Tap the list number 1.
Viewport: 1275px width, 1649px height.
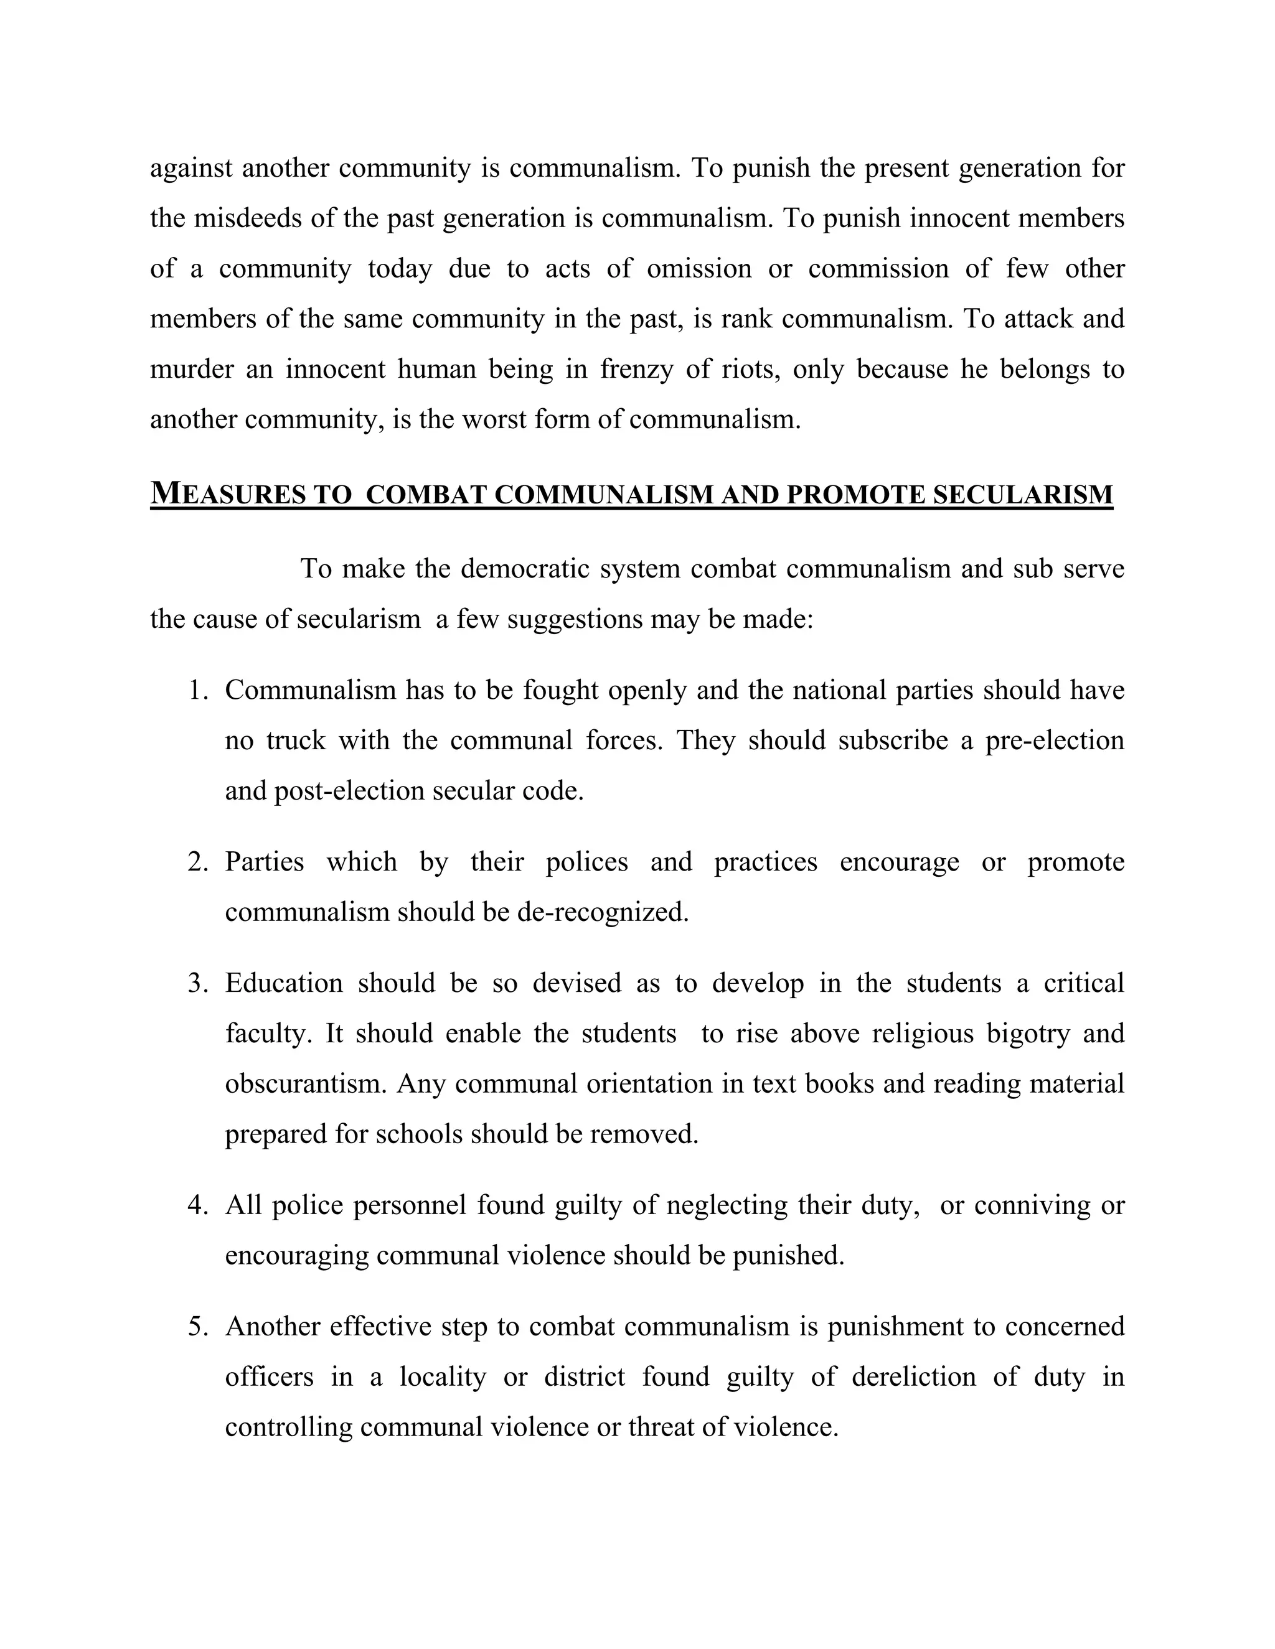click(x=198, y=690)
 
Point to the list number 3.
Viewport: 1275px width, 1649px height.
click(x=198, y=983)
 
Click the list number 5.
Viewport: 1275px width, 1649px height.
click(x=198, y=1327)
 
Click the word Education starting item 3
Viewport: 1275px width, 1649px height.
click(x=284, y=983)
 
